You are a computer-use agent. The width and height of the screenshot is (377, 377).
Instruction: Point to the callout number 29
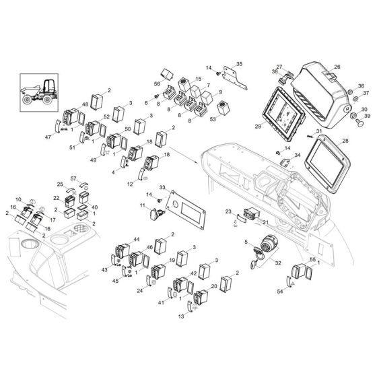click(258, 126)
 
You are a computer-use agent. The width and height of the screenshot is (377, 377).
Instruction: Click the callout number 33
click(162, 186)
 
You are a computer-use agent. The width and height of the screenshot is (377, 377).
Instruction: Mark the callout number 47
click(47, 137)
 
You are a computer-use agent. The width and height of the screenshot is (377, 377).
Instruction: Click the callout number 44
click(137, 239)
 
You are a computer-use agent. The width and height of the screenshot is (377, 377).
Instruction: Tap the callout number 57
click(75, 178)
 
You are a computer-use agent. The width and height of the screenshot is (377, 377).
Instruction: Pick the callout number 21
click(265, 222)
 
